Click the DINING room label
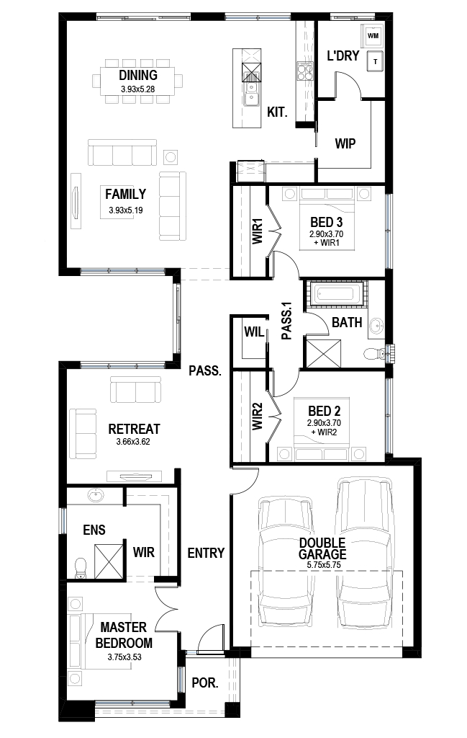(137, 75)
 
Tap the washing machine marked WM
(373, 35)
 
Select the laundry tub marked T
(375, 61)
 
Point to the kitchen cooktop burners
(304, 71)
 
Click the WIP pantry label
(345, 143)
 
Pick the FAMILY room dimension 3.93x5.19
(126, 210)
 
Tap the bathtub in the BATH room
(334, 295)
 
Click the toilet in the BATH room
(374, 353)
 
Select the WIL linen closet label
(254, 332)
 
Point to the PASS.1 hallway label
(286, 321)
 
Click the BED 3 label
(326, 222)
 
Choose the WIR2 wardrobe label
(257, 417)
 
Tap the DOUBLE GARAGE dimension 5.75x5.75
(324, 565)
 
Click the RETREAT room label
(134, 429)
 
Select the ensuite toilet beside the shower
(81, 568)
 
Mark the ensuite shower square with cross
(109, 561)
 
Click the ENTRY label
(206, 553)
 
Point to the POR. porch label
(205, 683)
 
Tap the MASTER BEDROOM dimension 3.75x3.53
(124, 657)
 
